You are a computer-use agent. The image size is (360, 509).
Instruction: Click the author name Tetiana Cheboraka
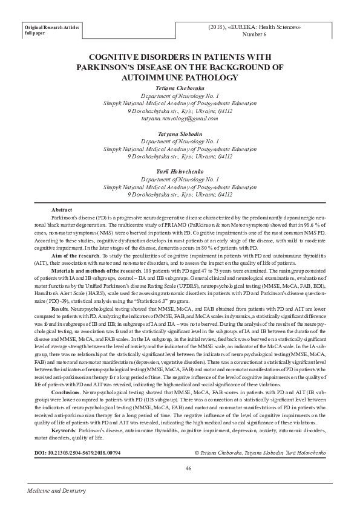180,88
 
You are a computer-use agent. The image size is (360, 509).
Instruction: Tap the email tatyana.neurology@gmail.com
180,118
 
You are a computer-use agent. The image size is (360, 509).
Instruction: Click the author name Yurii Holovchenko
180,171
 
